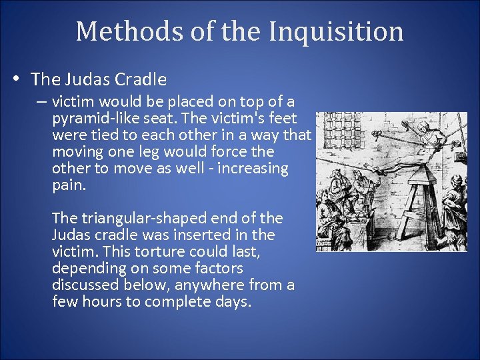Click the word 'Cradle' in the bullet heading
point(141,80)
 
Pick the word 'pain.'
point(69,185)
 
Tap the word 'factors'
point(217,269)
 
